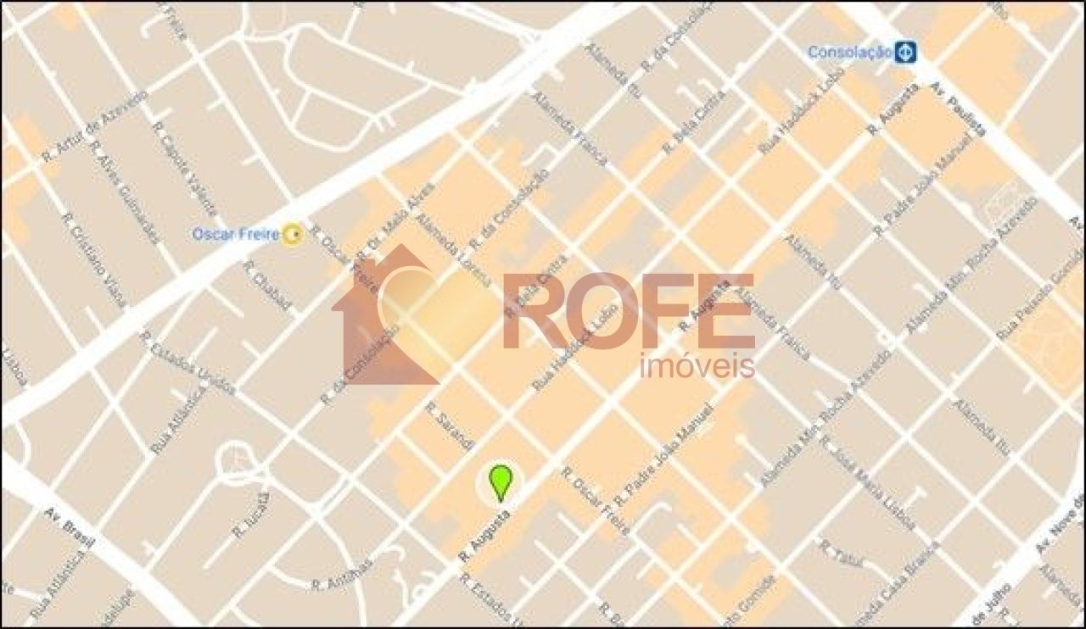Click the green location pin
tap(501, 481)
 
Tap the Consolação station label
tap(849, 53)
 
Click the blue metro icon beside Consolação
tap(905, 53)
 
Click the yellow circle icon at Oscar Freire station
tap(293, 234)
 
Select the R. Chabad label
tap(267, 285)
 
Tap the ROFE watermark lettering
tap(628, 312)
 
